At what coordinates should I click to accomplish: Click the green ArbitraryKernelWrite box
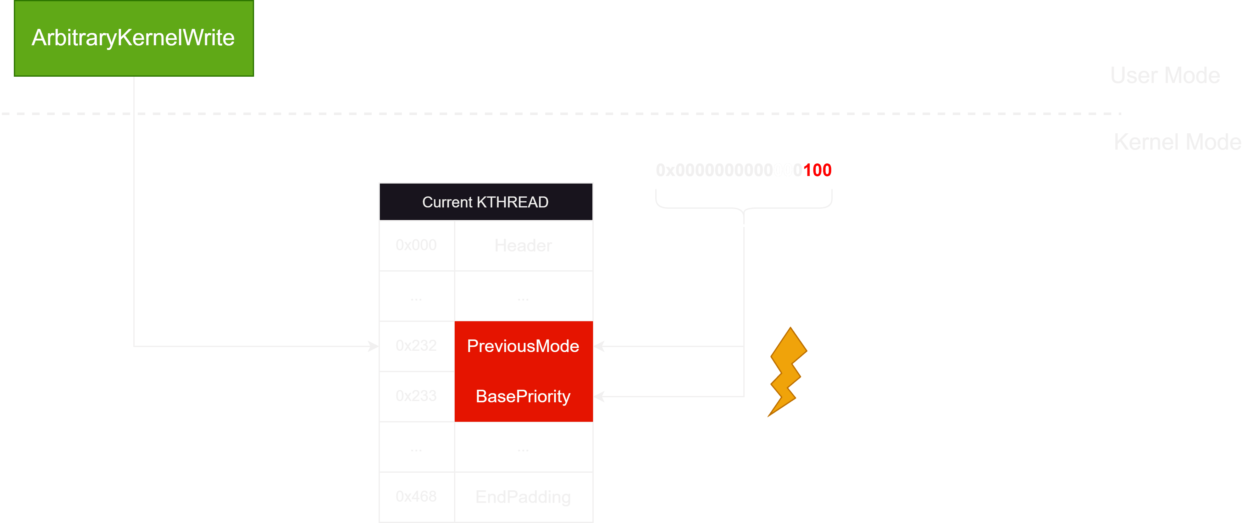click(133, 38)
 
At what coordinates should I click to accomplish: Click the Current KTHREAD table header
click(485, 202)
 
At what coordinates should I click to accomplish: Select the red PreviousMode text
click(523, 346)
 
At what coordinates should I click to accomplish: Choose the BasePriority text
click(523, 397)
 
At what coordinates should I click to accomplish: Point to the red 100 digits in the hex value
click(817, 170)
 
